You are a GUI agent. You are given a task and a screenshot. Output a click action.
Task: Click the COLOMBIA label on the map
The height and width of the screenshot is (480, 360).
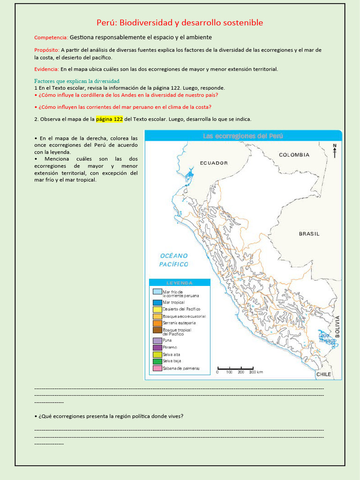(x=294, y=155)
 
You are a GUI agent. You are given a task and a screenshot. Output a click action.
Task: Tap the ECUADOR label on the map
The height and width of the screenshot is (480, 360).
(x=214, y=163)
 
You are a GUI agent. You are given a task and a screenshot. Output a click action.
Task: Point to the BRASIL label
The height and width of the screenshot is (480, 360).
(x=309, y=233)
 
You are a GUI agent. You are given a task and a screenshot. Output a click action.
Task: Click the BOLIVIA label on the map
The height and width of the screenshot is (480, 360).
(x=337, y=327)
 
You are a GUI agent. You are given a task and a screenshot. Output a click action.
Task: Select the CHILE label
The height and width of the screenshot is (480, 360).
(x=323, y=374)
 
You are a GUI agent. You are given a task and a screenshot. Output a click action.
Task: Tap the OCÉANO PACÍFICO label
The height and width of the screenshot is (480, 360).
(x=174, y=260)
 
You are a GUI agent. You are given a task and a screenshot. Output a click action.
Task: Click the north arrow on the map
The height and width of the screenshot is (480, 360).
(x=335, y=151)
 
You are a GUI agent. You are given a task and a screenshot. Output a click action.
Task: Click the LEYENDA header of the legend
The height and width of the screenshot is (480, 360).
(x=180, y=283)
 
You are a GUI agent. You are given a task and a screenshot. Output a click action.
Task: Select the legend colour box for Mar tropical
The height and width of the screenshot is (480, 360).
(x=157, y=302)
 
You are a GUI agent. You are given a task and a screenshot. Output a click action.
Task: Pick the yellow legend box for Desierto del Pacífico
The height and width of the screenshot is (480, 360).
(x=157, y=309)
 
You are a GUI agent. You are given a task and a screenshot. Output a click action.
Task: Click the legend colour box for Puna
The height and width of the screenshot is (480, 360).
(x=157, y=340)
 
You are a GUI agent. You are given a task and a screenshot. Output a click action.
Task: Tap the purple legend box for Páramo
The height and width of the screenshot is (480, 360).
(x=157, y=347)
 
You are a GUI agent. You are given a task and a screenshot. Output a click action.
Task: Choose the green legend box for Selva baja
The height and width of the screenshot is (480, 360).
(x=157, y=361)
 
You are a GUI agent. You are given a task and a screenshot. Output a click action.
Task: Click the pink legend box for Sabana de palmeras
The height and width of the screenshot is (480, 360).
(x=157, y=368)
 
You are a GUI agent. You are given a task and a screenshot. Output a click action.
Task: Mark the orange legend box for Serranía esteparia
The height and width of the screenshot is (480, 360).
(x=157, y=323)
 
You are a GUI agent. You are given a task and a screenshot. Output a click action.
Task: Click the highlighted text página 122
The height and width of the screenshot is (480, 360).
(x=109, y=119)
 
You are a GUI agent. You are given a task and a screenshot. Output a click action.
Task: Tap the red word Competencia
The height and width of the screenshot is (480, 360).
(x=51, y=37)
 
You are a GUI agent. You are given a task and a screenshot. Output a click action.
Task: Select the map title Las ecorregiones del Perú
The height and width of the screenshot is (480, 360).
(x=243, y=136)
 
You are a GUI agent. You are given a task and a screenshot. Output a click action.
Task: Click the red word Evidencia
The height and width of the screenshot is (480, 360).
(x=46, y=69)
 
